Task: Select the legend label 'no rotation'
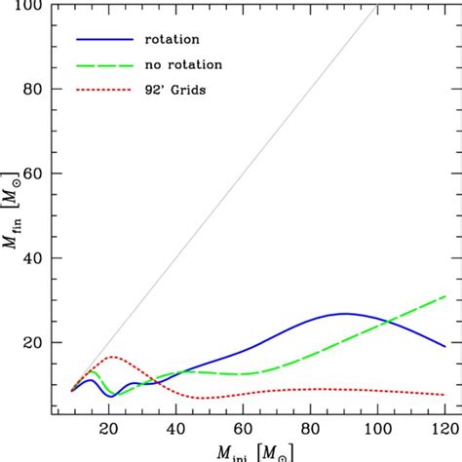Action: pyautogui.click(x=180, y=64)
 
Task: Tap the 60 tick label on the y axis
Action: pyautogui.click(x=39, y=174)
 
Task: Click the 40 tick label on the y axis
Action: pyautogui.click(x=39, y=258)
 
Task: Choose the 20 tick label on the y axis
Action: pyautogui.click(x=39, y=343)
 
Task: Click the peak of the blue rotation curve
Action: pyautogui.click(x=343, y=314)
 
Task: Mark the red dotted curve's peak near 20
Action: pyautogui.click(x=113, y=357)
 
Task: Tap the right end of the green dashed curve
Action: pyautogui.click(x=444, y=296)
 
